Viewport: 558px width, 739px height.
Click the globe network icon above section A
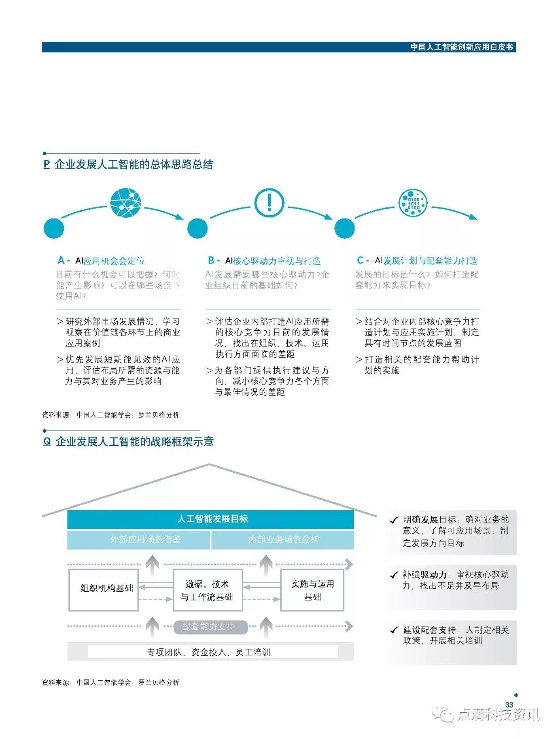click(126, 203)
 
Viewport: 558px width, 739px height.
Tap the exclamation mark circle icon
click(269, 203)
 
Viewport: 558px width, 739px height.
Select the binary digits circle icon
click(413, 203)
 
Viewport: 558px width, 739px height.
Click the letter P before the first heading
click(47, 164)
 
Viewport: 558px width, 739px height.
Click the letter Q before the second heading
click(47, 441)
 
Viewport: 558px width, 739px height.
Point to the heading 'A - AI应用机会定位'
click(101, 261)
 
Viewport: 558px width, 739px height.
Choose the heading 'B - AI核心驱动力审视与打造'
click(264, 261)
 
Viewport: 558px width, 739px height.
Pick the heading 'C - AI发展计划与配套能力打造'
click(417, 261)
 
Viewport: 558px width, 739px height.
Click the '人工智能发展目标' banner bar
click(211, 519)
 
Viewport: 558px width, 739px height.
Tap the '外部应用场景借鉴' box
click(139, 539)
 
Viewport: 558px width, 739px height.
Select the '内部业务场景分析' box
click(282, 539)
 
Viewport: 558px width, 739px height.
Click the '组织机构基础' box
click(104, 588)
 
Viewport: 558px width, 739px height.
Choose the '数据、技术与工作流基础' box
click(207, 590)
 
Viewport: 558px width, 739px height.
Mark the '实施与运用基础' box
click(312, 590)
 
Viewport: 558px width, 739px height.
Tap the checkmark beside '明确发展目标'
click(394, 520)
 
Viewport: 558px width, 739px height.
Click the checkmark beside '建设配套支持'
click(394, 630)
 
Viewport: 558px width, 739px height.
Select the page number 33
click(509, 705)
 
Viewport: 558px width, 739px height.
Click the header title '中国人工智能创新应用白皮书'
click(462, 47)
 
